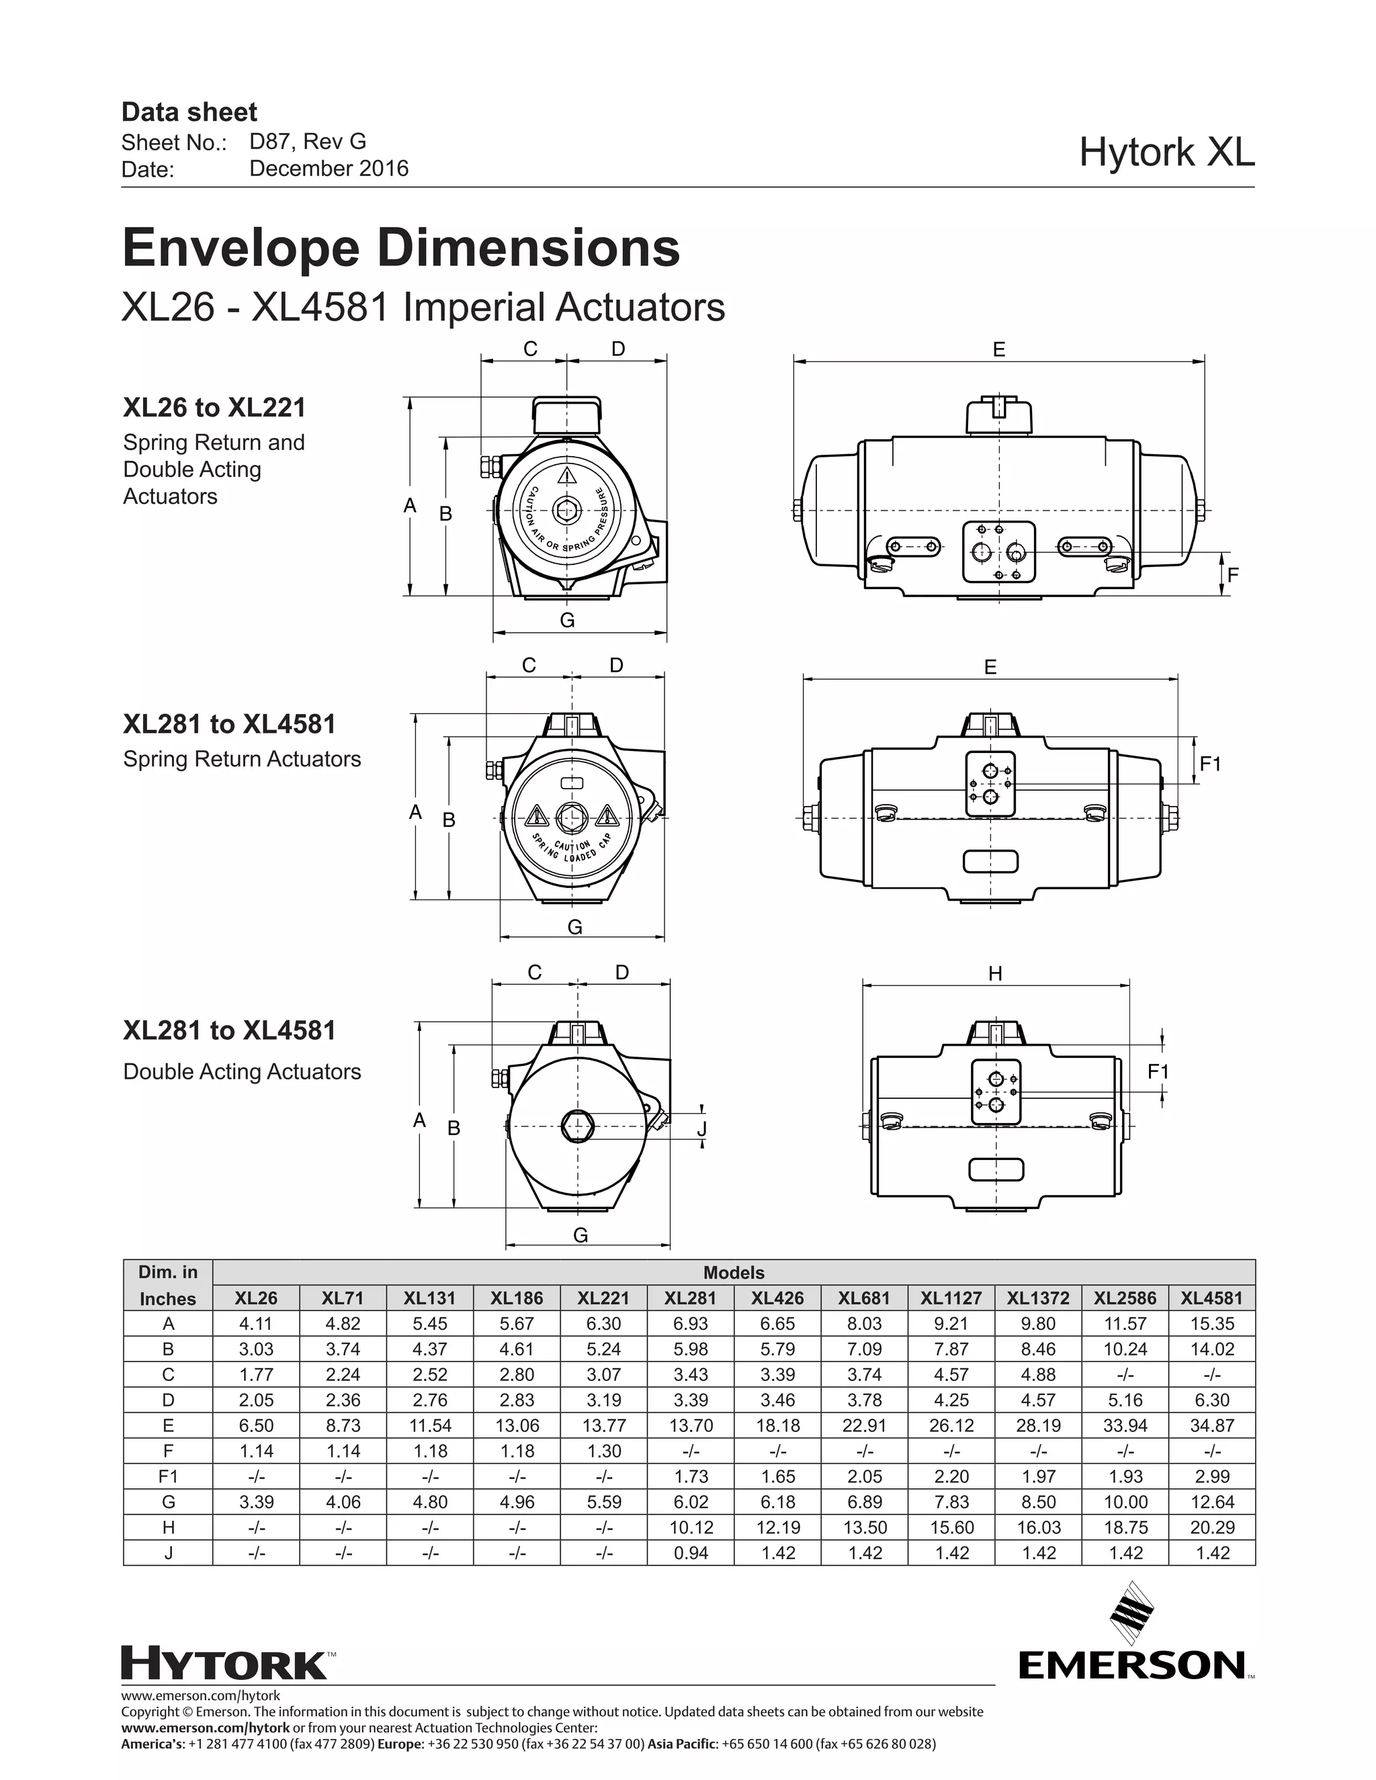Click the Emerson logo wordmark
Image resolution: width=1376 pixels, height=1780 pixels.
[1132, 1666]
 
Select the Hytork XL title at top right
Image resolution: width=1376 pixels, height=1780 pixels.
[1166, 152]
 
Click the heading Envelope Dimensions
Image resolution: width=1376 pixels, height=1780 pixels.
[400, 248]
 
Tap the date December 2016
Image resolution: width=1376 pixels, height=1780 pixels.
[329, 169]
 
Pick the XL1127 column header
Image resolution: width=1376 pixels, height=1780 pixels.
[951, 1298]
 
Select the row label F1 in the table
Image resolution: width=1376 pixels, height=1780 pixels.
[168, 1476]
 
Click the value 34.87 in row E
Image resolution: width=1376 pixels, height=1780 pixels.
[1211, 1425]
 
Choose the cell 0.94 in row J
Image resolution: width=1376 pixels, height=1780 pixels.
[691, 1552]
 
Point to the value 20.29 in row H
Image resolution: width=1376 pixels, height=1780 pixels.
[1211, 1527]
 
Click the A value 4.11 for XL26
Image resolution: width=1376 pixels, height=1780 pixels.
[256, 1324]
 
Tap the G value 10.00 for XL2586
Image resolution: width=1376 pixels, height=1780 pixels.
[1125, 1501]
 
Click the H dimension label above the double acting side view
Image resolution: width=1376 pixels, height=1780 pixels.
[994, 973]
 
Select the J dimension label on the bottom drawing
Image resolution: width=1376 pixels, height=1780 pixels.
[701, 1129]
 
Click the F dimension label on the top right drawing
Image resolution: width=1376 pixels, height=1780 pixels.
[1232, 574]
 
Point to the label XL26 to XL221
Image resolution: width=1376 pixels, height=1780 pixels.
[214, 408]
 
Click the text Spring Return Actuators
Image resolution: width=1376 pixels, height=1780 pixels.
[242, 759]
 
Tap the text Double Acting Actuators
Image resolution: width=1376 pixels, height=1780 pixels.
[242, 1072]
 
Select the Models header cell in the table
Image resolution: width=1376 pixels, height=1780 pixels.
[734, 1272]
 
